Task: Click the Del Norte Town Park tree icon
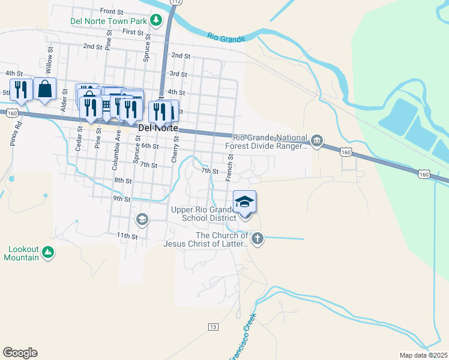pos(156,21)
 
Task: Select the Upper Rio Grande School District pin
pos(244,202)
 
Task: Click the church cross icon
pos(257,239)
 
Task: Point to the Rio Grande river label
pos(226,38)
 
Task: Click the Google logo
pos(20,353)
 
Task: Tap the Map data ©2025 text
pos(423,355)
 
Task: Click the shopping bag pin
pos(44,90)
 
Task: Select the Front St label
pos(112,11)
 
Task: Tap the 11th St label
pos(127,236)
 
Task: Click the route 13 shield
pos(213,327)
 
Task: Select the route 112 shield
pos(175,2)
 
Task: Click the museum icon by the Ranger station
pos(318,142)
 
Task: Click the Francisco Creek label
pos(244,336)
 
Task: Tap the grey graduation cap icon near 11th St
pos(142,218)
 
